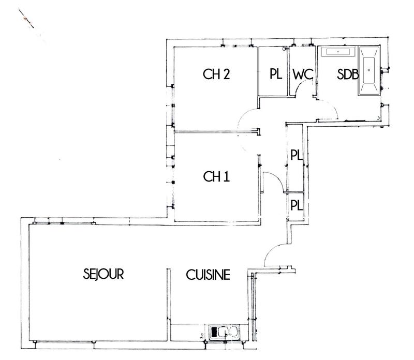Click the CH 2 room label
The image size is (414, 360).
(216, 74)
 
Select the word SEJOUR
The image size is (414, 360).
(103, 274)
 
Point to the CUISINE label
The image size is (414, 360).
(208, 275)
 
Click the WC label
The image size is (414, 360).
(303, 74)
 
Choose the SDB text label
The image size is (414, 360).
(347, 74)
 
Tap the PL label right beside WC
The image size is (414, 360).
(275, 74)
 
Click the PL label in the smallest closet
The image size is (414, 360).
(296, 205)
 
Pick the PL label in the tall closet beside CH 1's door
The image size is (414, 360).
(296, 155)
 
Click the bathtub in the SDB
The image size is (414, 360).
(369, 71)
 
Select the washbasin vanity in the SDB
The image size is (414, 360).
(338, 52)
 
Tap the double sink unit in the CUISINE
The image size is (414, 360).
(224, 332)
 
